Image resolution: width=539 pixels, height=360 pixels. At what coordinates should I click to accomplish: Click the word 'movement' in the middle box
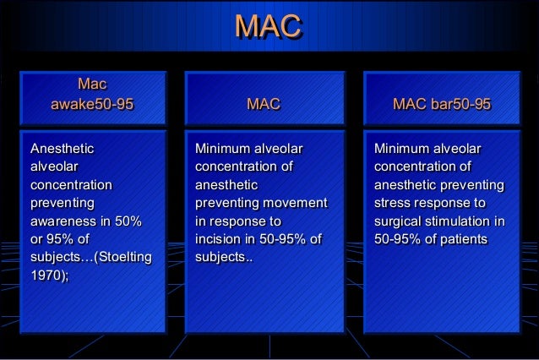[x=295, y=204]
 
